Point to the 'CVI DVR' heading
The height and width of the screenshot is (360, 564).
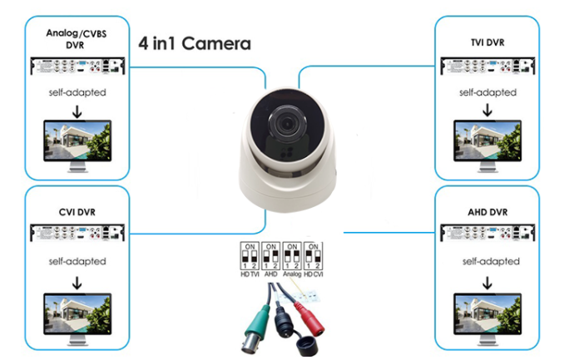(77, 212)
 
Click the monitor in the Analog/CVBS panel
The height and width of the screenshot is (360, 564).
(77, 144)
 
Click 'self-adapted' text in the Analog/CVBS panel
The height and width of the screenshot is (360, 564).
(77, 92)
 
